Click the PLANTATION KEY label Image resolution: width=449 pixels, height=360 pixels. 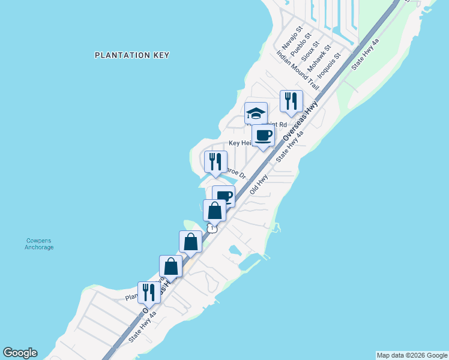[132, 55]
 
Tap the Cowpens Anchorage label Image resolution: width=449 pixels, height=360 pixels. [39, 244]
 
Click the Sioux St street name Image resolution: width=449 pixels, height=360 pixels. [309, 53]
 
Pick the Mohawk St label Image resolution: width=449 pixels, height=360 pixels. [319, 59]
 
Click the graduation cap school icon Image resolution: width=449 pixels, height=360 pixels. [256, 113]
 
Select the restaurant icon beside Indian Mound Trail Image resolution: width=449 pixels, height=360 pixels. [291, 101]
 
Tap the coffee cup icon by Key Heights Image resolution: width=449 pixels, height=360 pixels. [263, 136]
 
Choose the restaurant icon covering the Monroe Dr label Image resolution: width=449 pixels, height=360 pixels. [215, 162]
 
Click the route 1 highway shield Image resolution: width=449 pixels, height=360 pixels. [212, 229]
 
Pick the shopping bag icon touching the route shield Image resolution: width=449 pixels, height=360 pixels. [214, 211]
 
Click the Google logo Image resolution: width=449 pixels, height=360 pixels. [20, 353]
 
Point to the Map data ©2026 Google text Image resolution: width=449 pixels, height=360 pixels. [412, 355]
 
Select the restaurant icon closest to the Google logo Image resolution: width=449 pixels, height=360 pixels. [148, 293]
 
